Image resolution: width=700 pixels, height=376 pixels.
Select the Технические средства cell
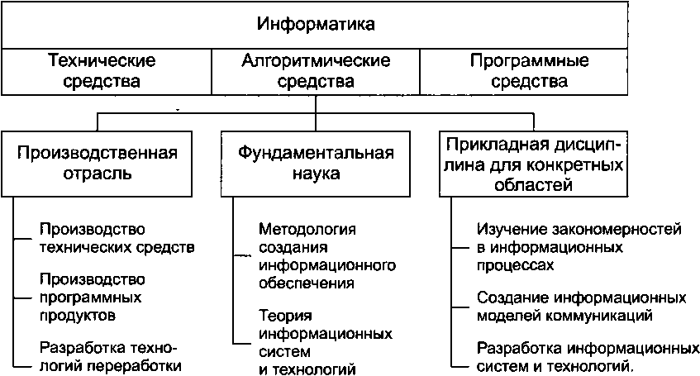(x=102, y=71)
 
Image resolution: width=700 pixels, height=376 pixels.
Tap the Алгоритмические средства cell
(x=316, y=71)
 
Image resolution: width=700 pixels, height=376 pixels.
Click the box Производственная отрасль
(x=98, y=164)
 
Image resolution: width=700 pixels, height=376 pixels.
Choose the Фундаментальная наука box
(x=316, y=164)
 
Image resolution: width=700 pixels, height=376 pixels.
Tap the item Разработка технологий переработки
(x=109, y=356)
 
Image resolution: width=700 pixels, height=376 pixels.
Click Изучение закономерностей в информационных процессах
(x=579, y=246)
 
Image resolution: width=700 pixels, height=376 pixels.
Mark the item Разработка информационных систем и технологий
(x=582, y=356)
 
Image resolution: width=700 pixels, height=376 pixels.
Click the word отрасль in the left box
(x=98, y=174)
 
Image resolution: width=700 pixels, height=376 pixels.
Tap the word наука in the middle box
(x=317, y=174)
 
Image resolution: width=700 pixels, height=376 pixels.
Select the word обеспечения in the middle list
(x=306, y=283)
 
